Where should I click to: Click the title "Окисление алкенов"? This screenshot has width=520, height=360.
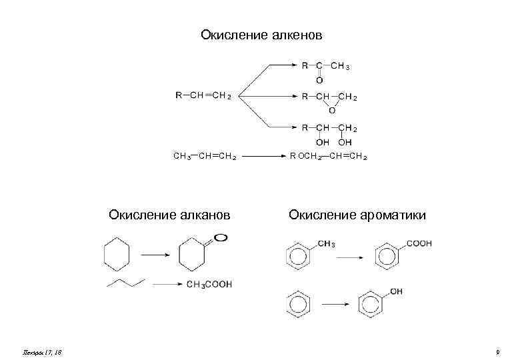pyautogui.click(x=261, y=35)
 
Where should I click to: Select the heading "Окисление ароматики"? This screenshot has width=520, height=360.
pyautogui.click(x=357, y=215)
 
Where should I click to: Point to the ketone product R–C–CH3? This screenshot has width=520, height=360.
pyautogui.click(x=325, y=67)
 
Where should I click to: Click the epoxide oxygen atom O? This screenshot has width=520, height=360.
pyautogui.click(x=331, y=110)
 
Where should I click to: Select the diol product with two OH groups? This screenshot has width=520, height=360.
pyautogui.click(x=329, y=133)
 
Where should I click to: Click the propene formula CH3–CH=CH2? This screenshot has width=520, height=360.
pyautogui.click(x=203, y=157)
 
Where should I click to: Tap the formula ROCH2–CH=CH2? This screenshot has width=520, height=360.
pyautogui.click(x=328, y=157)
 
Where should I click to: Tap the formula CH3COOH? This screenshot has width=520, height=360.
pyautogui.click(x=209, y=285)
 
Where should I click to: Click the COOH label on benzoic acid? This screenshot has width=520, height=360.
pyautogui.click(x=419, y=245)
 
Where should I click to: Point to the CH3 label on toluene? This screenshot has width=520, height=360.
pyautogui.click(x=326, y=245)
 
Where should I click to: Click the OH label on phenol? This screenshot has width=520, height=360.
pyautogui.click(x=396, y=291)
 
